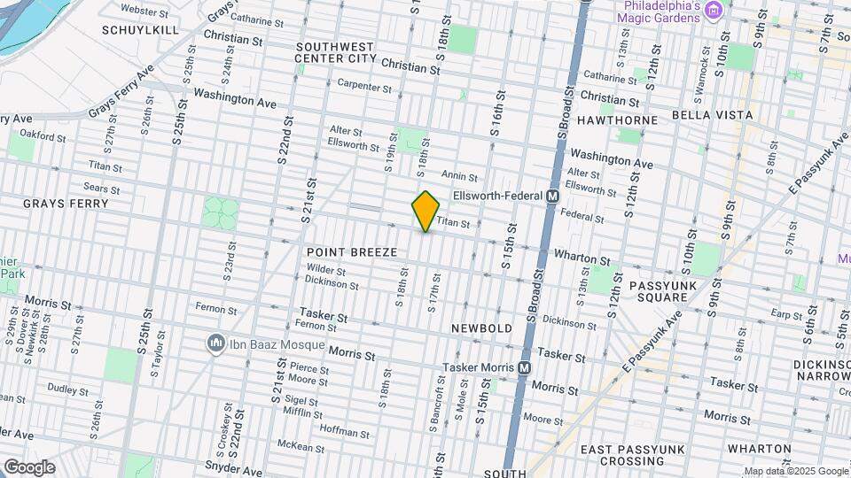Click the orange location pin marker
(x=426, y=212)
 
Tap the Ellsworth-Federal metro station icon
(x=552, y=196)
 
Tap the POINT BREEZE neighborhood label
(x=352, y=252)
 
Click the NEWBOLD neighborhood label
(x=481, y=328)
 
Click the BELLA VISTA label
(x=712, y=115)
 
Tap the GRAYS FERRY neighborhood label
(x=66, y=204)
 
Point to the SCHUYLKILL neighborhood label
(x=140, y=29)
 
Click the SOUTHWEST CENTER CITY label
(x=336, y=52)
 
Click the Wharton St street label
(x=582, y=258)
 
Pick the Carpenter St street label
(x=364, y=86)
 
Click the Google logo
(x=29, y=467)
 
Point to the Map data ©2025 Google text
(x=796, y=471)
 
